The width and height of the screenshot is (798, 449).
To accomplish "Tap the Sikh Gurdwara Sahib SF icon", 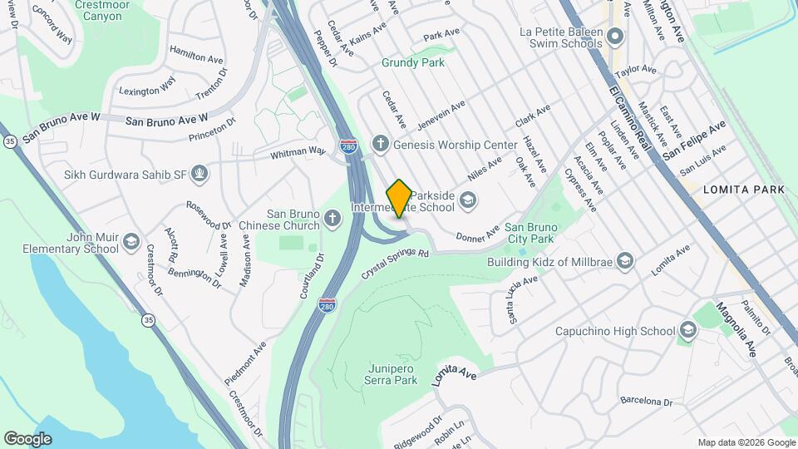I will click(198, 175).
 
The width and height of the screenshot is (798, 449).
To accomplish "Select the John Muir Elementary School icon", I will click(131, 243).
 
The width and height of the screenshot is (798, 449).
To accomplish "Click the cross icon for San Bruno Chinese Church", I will click(332, 219).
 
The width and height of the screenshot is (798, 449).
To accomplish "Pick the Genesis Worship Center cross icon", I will click(381, 144).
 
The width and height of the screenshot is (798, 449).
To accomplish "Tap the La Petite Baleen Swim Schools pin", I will click(615, 36).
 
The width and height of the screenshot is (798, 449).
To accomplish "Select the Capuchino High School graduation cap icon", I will click(687, 331).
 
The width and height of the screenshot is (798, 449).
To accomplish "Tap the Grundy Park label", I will click(413, 62).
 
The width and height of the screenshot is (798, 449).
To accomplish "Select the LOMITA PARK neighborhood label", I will click(744, 190).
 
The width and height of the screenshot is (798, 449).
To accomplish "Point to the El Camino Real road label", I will click(628, 116).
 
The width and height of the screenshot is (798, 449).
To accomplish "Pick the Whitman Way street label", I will click(298, 153).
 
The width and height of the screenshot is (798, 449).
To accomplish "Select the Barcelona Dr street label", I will click(645, 401).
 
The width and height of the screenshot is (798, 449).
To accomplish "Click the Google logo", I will click(27, 438).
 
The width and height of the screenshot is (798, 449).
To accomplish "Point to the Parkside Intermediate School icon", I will click(468, 198).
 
